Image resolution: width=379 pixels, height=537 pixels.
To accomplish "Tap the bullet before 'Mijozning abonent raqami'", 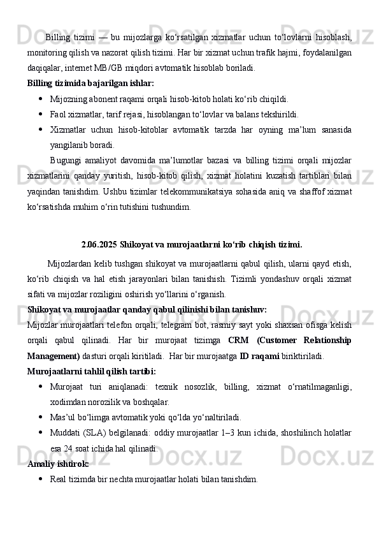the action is [41, 99].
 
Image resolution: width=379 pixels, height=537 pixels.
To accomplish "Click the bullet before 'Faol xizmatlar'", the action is [41, 115].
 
